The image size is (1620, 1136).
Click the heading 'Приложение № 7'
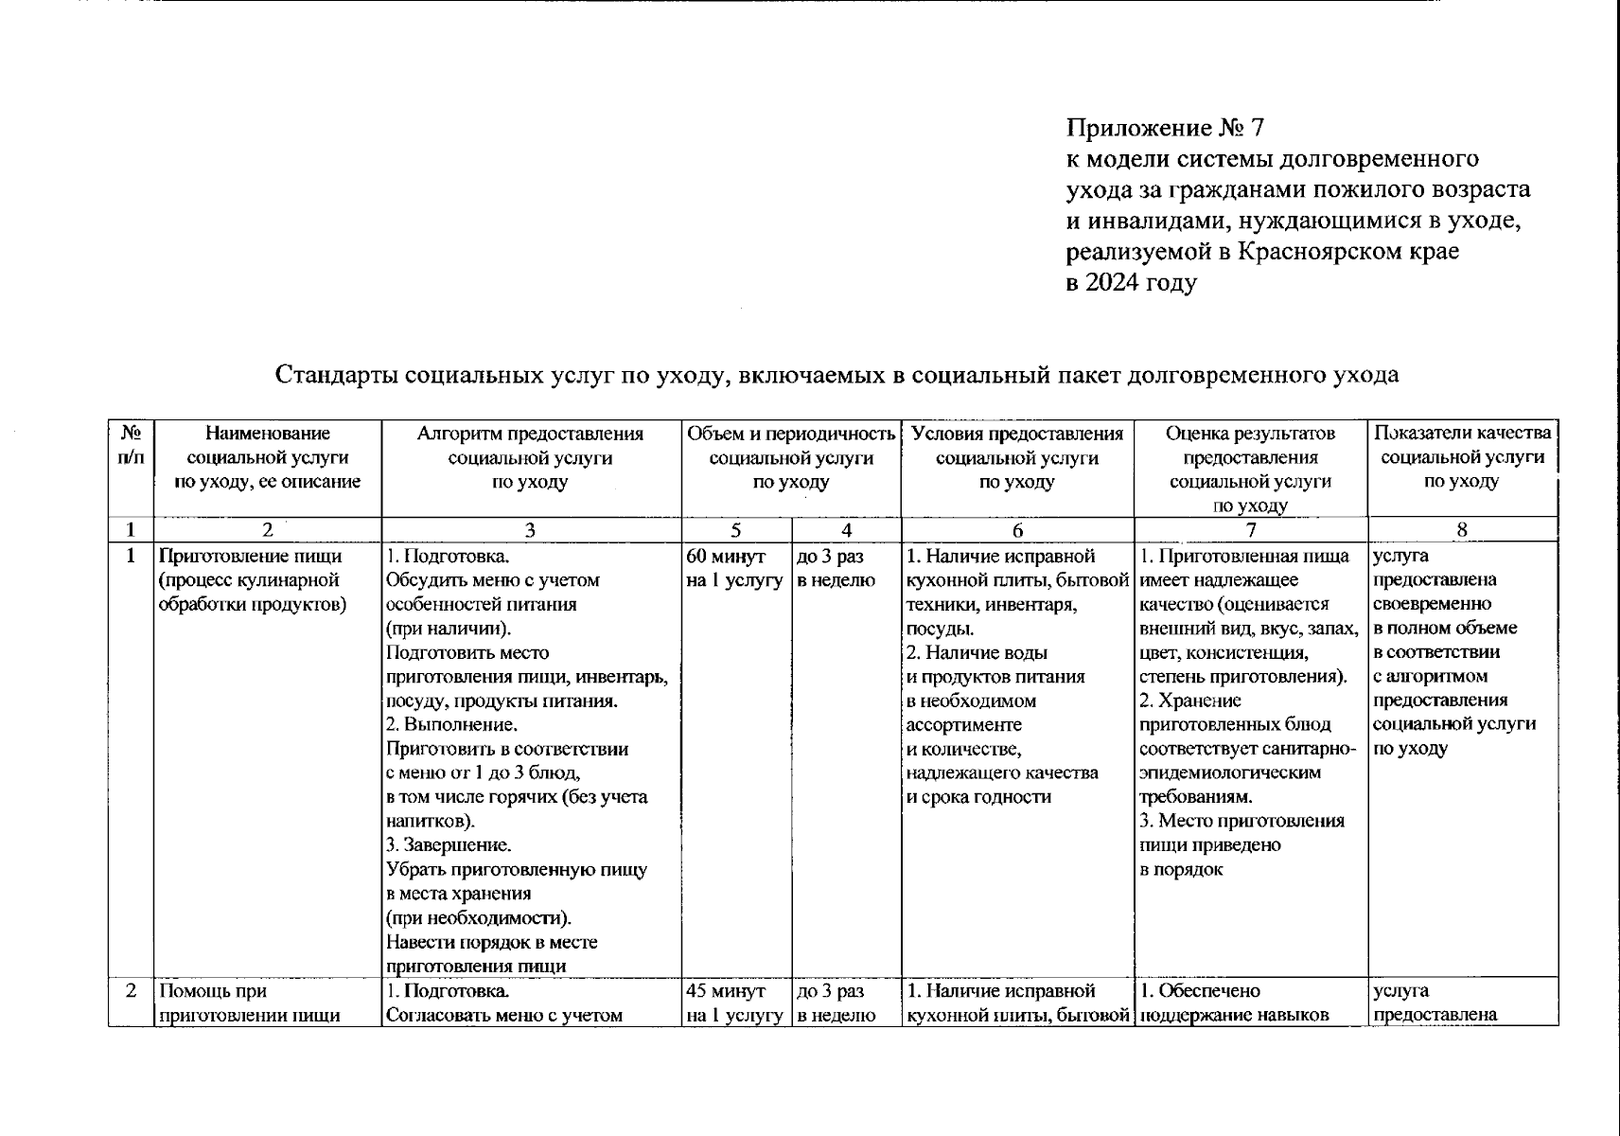pos(1165,127)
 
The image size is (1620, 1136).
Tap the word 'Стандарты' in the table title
pos(335,374)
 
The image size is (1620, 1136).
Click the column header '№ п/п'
pos(132,445)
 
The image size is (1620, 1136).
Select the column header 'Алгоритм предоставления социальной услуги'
pos(530,457)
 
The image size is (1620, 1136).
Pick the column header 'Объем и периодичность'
pos(790,434)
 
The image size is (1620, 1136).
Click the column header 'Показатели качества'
pos(1462,434)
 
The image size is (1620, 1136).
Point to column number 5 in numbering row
pos(736,530)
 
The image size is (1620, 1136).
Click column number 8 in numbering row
pos(1462,530)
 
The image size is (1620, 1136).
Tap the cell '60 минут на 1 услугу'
pos(734,568)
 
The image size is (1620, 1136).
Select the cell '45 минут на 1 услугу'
pos(734,1003)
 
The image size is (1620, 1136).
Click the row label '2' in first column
pos(132,991)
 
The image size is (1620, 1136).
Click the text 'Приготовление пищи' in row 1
pos(250,557)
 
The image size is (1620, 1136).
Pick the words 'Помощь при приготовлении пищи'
pos(250,1003)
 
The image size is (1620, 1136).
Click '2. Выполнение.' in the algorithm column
pos(451,725)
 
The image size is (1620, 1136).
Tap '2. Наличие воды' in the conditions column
pos(977,652)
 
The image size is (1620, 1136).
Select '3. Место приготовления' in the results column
pos(1241,821)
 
